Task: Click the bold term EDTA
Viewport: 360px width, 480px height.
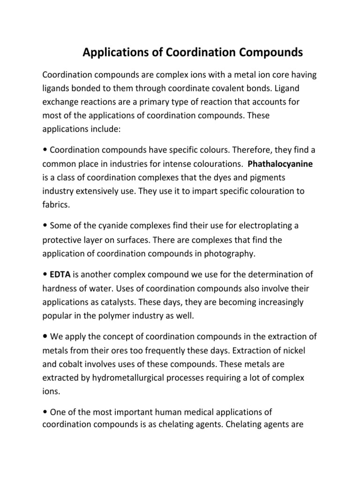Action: click(59, 274)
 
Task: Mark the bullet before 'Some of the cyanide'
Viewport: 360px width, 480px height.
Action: click(45, 226)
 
